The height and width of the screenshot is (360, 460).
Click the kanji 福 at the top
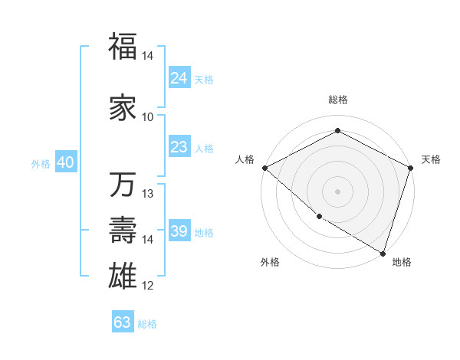coord(123,47)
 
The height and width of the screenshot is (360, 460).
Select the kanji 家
coord(123,108)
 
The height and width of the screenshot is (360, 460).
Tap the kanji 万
coord(123,186)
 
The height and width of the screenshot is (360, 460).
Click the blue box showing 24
coord(179,78)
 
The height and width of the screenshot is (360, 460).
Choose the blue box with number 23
coord(179,147)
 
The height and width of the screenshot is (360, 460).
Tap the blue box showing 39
coord(179,232)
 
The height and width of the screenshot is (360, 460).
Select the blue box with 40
coord(65,162)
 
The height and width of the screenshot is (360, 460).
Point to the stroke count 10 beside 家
coord(148,117)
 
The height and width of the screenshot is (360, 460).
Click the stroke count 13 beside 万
coord(148,194)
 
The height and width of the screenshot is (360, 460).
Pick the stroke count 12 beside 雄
coord(148,286)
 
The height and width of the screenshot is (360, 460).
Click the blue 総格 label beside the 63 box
coord(147,324)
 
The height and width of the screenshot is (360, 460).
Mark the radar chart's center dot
coord(337,191)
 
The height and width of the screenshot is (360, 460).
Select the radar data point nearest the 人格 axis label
coord(264,167)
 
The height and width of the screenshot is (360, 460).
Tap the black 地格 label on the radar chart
coord(402,262)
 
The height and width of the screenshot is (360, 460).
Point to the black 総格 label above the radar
coord(337,100)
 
